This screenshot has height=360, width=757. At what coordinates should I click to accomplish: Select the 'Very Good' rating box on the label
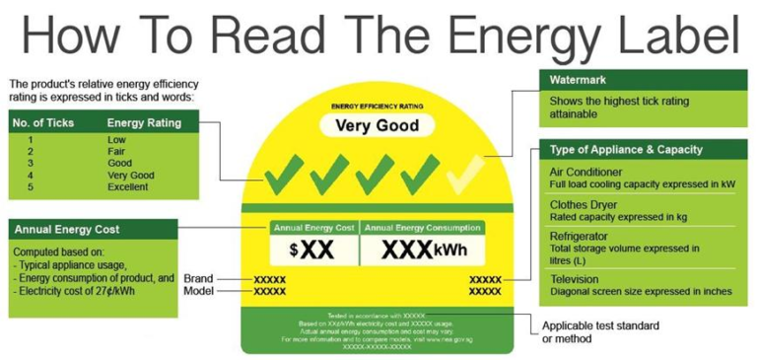(377, 126)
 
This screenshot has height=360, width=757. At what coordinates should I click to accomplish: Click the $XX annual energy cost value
(312, 250)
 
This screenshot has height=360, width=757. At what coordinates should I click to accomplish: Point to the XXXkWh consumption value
(422, 250)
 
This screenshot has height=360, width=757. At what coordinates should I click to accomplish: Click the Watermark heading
(578, 79)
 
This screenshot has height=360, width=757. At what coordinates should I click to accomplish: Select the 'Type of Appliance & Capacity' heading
(626, 150)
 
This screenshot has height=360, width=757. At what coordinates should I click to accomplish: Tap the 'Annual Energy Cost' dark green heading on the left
(67, 229)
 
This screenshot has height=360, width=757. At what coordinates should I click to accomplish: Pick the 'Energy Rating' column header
(143, 122)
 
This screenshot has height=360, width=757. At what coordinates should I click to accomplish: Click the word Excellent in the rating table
(129, 186)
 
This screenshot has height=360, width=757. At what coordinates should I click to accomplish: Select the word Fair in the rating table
(116, 152)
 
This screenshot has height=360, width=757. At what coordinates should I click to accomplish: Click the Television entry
(574, 279)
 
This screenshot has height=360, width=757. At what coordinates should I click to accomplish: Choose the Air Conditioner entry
(587, 172)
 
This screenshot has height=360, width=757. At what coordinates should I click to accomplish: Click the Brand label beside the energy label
(197, 279)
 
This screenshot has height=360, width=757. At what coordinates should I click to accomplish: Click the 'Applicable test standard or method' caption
(600, 331)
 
